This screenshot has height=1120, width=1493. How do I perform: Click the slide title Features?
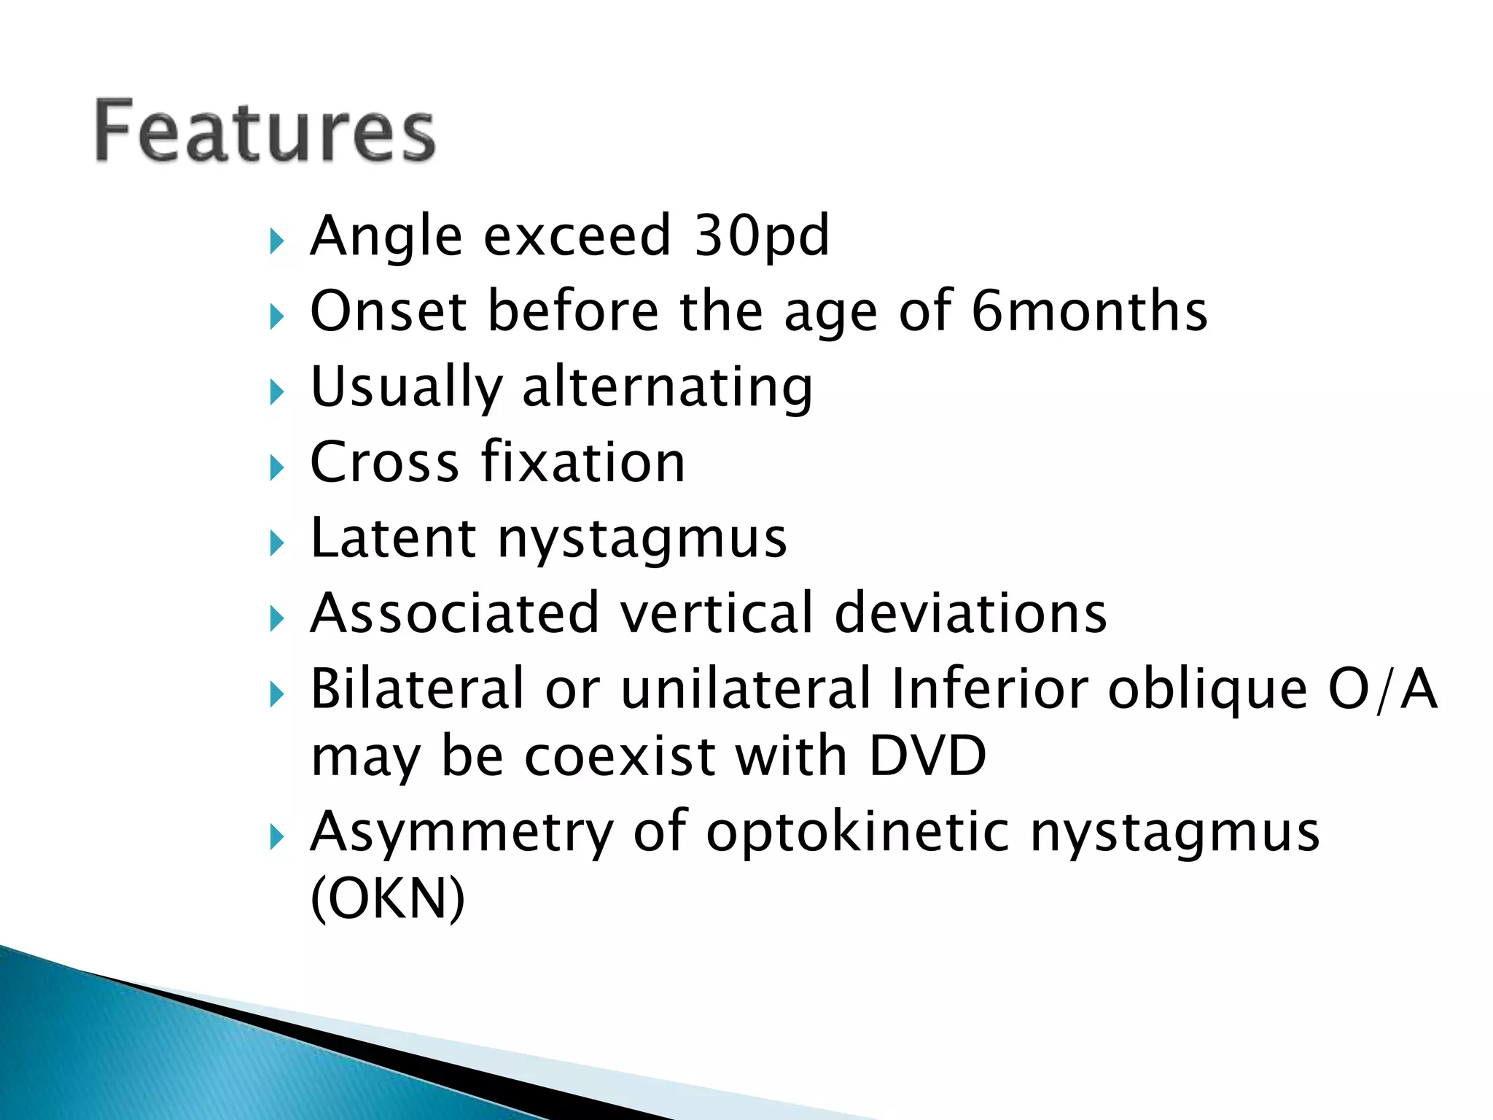coord(265,131)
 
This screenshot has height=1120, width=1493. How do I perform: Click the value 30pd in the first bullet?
coord(761,236)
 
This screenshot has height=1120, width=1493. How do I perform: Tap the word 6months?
coord(1089,311)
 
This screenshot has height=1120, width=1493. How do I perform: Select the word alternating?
coord(667,386)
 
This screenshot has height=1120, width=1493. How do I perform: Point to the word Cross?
coord(384,462)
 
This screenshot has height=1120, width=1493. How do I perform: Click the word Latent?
coord(393,537)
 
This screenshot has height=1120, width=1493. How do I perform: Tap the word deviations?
coord(970,613)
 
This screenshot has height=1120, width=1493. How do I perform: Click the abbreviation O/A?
coord(1382,688)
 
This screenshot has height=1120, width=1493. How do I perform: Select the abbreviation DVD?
coord(927,755)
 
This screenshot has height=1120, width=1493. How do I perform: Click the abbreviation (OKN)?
coord(387,898)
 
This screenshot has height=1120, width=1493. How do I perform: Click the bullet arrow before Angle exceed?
coord(276,241)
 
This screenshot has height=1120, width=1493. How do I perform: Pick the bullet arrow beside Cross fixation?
coord(276,467)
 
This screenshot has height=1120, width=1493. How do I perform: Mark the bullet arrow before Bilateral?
coord(276,694)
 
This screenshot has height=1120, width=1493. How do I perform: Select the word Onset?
coord(388,311)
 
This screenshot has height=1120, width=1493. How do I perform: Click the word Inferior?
coord(989,688)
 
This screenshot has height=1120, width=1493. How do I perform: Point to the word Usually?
coord(406,386)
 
